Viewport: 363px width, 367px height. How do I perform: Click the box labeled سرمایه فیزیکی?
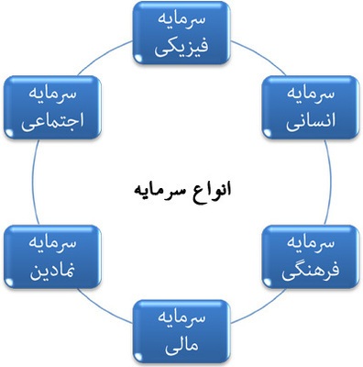coord(181,33)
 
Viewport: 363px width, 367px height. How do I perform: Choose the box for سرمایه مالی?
coord(181,332)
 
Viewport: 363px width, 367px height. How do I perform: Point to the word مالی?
coord(181,345)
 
